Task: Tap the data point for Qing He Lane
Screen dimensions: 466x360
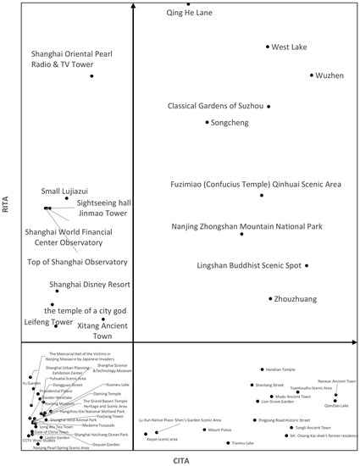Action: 188,4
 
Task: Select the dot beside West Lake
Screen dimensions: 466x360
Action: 268,47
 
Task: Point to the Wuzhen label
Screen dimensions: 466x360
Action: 330,76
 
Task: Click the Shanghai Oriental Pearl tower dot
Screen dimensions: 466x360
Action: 91,77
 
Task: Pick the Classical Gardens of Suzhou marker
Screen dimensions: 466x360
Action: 271,107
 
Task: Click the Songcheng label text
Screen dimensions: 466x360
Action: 231,123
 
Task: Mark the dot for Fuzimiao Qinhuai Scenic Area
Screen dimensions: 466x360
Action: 262,195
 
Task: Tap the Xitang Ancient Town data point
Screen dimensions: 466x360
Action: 103,319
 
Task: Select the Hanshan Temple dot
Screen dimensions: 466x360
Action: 261,369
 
